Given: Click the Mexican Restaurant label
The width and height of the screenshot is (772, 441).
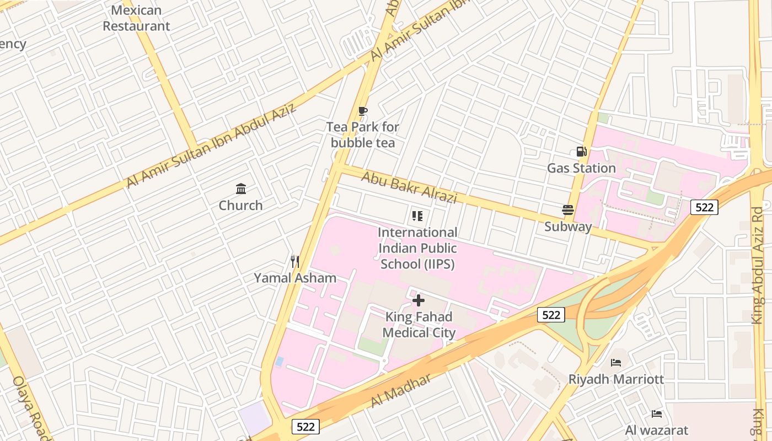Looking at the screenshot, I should click(136, 18).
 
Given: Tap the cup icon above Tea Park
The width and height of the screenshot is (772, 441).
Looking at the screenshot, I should click(362, 111).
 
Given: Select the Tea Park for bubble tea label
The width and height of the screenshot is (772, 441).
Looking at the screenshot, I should click(362, 135).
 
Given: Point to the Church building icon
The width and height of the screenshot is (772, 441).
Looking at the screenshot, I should click(241, 189).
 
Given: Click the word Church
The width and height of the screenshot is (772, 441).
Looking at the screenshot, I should click(240, 206).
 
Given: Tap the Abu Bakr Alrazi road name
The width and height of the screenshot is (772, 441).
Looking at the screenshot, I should click(409, 187).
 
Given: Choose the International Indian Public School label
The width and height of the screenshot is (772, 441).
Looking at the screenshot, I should click(417, 248).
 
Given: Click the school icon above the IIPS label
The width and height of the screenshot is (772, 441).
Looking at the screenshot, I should click(417, 216).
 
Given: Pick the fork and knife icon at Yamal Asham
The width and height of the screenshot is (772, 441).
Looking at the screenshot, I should click(295, 261).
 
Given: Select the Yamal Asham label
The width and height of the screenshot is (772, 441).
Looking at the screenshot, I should click(295, 278).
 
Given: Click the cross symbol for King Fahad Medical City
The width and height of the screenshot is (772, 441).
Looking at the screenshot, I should click(419, 300).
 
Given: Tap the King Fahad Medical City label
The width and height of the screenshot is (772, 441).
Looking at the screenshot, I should click(419, 325).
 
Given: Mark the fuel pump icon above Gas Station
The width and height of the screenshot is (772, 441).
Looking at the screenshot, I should click(581, 151).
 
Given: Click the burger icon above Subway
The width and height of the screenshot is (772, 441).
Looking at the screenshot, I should click(568, 210).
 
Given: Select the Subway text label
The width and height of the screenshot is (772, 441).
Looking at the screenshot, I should click(568, 227).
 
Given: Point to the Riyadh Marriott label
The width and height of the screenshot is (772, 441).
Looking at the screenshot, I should click(616, 379).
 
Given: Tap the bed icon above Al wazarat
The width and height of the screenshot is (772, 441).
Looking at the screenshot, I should click(656, 413).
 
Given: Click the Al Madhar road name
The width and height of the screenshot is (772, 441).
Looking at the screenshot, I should click(400, 390).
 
